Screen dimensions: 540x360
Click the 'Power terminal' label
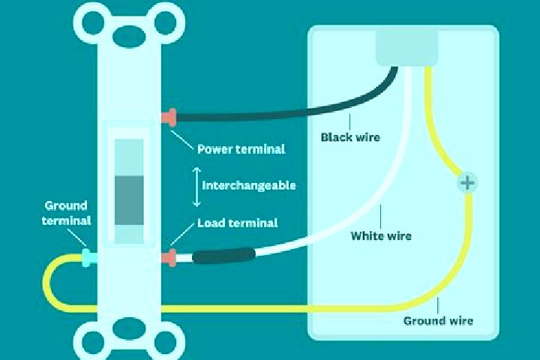pyautogui.click(x=241, y=149)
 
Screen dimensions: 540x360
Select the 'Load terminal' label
pyautogui.click(x=237, y=223)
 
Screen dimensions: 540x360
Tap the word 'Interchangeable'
pyautogui.click(x=249, y=185)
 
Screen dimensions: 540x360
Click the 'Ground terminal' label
pyautogui.click(x=66, y=213)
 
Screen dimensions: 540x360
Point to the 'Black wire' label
pyautogui.click(x=350, y=137)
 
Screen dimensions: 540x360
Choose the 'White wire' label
pyautogui.click(x=381, y=236)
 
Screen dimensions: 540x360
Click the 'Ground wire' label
pyautogui.click(x=438, y=321)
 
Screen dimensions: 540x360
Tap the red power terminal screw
pyautogui.click(x=169, y=117)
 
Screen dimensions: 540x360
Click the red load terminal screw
pyautogui.click(x=169, y=258)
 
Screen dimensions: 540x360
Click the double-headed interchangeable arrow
pyautogui.click(x=196, y=187)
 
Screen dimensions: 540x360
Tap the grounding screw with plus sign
pyautogui.click(x=467, y=182)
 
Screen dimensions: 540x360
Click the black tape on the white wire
pyautogui.click(x=223, y=256)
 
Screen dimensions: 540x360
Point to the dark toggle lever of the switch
pyautogui.click(x=129, y=200)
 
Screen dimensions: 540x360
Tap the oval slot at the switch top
pyautogui.click(x=129, y=37)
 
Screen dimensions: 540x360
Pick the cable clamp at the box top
pyautogui.click(x=406, y=47)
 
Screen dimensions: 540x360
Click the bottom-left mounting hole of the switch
pyautogui.click(x=93, y=342)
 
